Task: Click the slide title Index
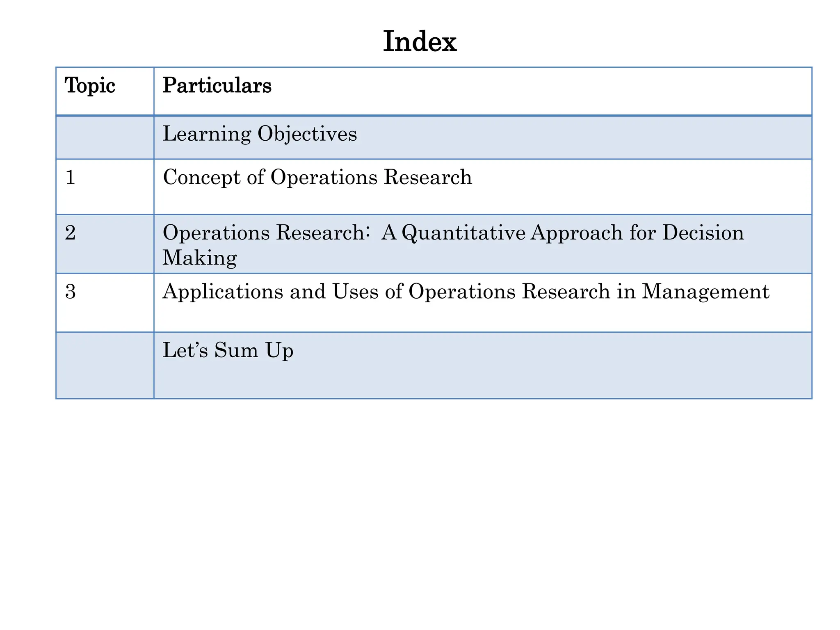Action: (420, 42)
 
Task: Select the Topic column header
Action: (90, 86)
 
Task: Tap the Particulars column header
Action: (217, 86)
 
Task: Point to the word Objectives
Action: (307, 134)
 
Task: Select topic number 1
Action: (71, 178)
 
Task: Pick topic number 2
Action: (71, 233)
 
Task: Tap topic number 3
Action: (71, 292)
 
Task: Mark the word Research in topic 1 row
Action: (427, 177)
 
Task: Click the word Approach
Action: (577, 233)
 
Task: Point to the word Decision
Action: (703, 233)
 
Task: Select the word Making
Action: (200, 258)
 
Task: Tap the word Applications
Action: (223, 292)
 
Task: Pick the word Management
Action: (705, 292)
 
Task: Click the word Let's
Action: (185, 350)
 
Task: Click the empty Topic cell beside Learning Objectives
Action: (105, 137)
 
